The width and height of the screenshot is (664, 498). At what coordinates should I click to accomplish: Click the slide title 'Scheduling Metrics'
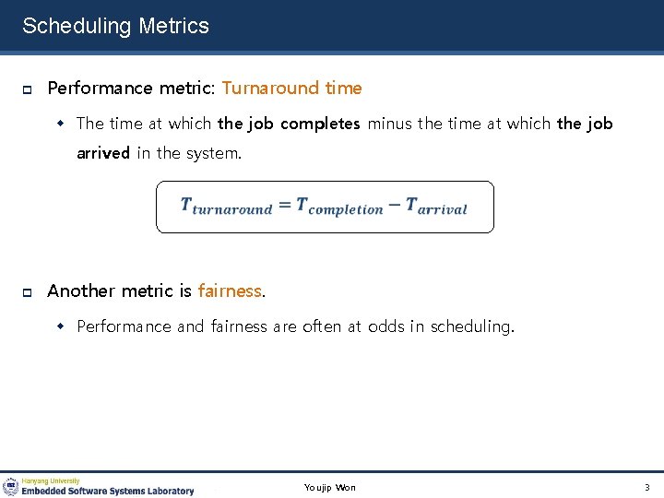pos(115,26)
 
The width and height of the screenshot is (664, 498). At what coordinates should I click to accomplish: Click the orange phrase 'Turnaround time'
pos(291,89)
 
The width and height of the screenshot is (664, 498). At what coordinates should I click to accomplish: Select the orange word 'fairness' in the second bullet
pos(230,291)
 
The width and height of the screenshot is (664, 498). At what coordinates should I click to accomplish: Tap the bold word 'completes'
pos(320,124)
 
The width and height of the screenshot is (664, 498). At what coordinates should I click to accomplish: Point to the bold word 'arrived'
pos(103,153)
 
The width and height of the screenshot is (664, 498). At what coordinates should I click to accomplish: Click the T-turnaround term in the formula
pos(226,207)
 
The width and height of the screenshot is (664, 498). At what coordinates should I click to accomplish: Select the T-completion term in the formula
pos(339,207)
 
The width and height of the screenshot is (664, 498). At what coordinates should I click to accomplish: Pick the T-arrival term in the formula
pos(436,207)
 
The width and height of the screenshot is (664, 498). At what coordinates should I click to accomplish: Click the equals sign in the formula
pos(284,206)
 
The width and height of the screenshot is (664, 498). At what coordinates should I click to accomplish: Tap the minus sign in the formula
pos(394,205)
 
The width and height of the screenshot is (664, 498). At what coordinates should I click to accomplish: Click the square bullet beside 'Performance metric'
pos(28,89)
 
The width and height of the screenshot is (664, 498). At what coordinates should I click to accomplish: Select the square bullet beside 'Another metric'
pos(28,292)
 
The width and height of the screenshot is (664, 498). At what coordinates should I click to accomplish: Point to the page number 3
pos(646,487)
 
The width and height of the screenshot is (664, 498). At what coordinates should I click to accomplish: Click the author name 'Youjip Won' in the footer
pos(329,487)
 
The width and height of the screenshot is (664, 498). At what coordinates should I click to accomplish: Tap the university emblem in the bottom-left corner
pos(11,486)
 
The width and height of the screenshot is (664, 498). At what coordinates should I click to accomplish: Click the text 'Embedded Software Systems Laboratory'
pos(108,492)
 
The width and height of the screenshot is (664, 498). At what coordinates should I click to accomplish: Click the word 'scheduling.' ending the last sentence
pos(472,326)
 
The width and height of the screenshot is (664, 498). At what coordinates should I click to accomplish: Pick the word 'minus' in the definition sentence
pos(390,124)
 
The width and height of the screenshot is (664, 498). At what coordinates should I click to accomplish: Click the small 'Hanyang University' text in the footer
pos(51,480)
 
